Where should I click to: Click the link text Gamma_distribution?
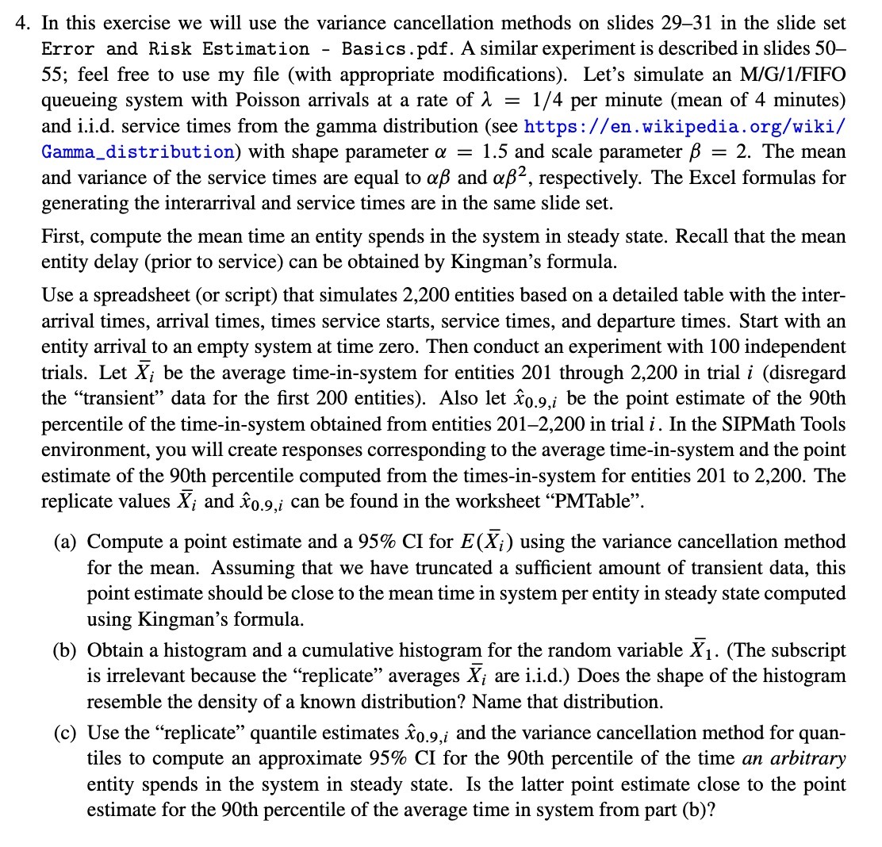137,152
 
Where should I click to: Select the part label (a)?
67,542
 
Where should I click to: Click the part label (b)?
67,651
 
